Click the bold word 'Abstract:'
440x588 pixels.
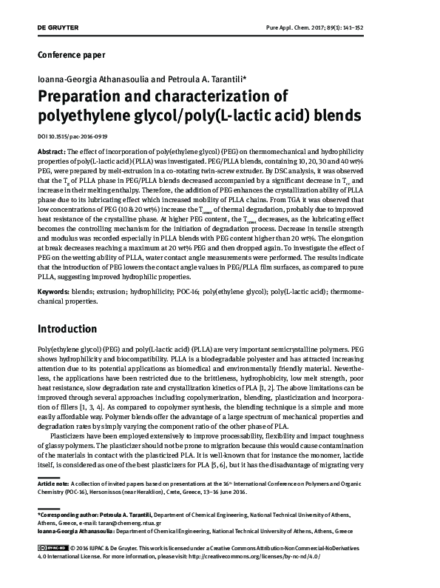point(50,150)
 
